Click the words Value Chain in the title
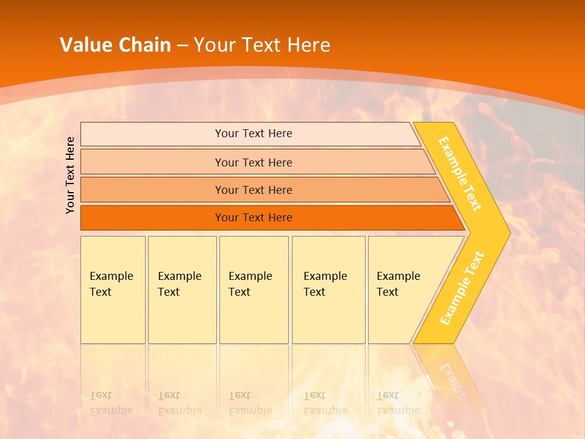tap(115, 45)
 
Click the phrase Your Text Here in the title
tap(262, 45)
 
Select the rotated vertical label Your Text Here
tap(71, 175)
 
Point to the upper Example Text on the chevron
tap(460, 174)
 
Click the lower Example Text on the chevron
tap(462, 288)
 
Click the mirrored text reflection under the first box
tap(111, 404)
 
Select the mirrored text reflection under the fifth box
tap(398, 404)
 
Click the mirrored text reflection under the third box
tap(250, 404)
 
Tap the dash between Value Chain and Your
tap(182, 46)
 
